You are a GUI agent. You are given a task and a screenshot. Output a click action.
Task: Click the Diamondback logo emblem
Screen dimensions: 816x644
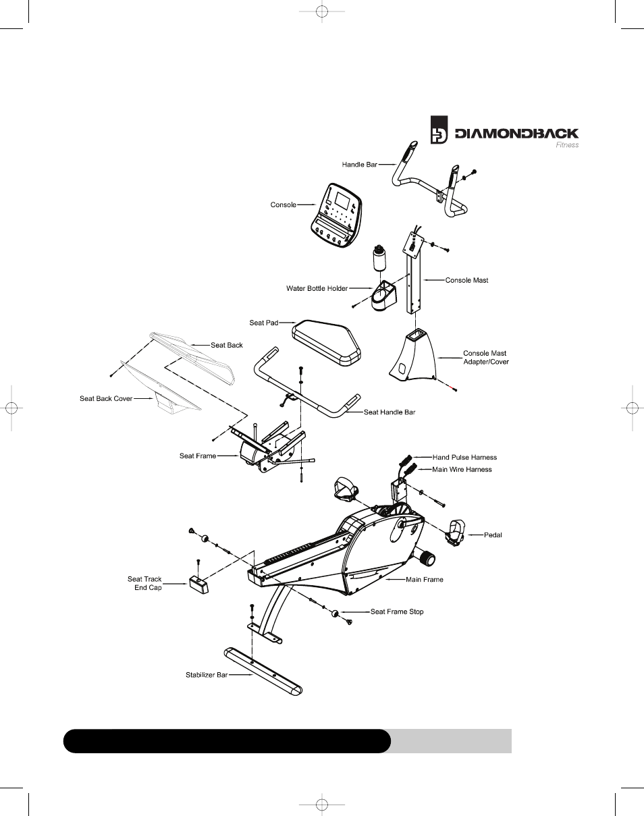pyautogui.click(x=439, y=130)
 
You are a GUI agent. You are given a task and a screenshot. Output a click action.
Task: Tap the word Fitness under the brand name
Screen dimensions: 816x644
pyautogui.click(x=566, y=145)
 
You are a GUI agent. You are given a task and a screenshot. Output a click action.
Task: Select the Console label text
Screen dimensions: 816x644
pyautogui.click(x=283, y=205)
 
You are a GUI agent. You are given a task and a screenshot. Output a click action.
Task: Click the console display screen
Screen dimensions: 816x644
pyautogui.click(x=341, y=200)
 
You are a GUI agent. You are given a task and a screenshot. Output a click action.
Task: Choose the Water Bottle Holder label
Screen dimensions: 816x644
pyautogui.click(x=317, y=289)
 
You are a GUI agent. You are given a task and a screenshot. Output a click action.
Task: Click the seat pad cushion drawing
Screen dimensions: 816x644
pyautogui.click(x=326, y=342)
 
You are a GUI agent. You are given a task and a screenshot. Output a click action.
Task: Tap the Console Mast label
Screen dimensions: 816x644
pyautogui.click(x=466, y=280)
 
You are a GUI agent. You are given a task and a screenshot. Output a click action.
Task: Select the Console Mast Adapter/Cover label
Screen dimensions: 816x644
pyautogui.click(x=485, y=358)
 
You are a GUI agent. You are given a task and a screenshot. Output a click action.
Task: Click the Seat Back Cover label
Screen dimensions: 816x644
pyautogui.click(x=106, y=399)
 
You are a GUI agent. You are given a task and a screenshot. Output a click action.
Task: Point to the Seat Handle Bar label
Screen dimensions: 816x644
pyautogui.click(x=390, y=412)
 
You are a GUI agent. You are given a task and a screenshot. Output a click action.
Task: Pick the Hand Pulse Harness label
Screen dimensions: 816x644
pyautogui.click(x=464, y=458)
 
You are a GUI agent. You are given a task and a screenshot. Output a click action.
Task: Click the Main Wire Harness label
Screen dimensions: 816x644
pyautogui.click(x=462, y=470)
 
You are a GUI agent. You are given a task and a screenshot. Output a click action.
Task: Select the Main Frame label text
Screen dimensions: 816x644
pyautogui.click(x=425, y=579)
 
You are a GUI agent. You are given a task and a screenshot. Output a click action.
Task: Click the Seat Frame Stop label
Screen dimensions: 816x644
pyautogui.click(x=397, y=612)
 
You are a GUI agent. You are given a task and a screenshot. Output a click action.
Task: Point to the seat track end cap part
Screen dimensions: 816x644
pyautogui.click(x=198, y=584)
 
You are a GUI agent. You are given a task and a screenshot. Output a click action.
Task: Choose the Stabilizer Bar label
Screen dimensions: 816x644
pyautogui.click(x=207, y=674)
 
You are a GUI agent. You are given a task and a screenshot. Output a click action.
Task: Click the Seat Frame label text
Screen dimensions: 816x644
pyautogui.click(x=198, y=456)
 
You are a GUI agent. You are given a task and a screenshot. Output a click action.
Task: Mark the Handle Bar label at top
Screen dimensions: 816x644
pyautogui.click(x=359, y=165)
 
